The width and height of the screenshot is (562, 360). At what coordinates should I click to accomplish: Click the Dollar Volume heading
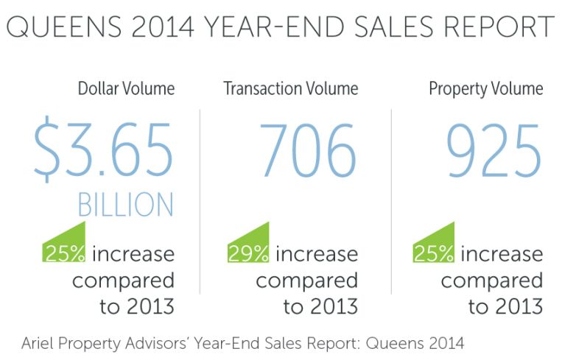coord(126,89)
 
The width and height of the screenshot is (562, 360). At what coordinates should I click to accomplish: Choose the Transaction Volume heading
coord(291,89)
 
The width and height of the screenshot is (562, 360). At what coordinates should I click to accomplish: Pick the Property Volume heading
coord(486,89)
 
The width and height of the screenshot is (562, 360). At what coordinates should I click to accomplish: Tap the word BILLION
coord(125,205)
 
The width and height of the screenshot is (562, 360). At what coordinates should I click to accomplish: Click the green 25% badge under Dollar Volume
coord(65,253)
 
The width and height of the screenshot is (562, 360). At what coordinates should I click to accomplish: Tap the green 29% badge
coord(249,253)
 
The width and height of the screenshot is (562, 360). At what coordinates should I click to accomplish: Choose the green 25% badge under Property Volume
coord(433,253)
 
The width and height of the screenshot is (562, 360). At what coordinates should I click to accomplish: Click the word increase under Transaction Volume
coord(317,255)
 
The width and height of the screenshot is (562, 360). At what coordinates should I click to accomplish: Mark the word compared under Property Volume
coord(491,280)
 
